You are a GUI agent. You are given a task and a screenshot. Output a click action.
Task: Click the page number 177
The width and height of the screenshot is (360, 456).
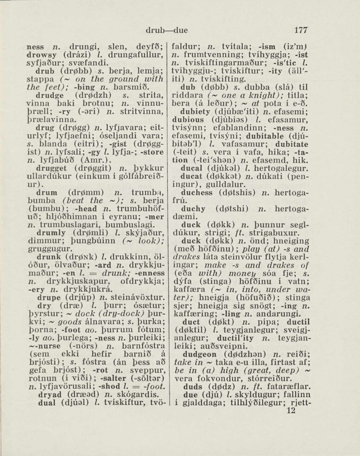pos(301,31)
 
